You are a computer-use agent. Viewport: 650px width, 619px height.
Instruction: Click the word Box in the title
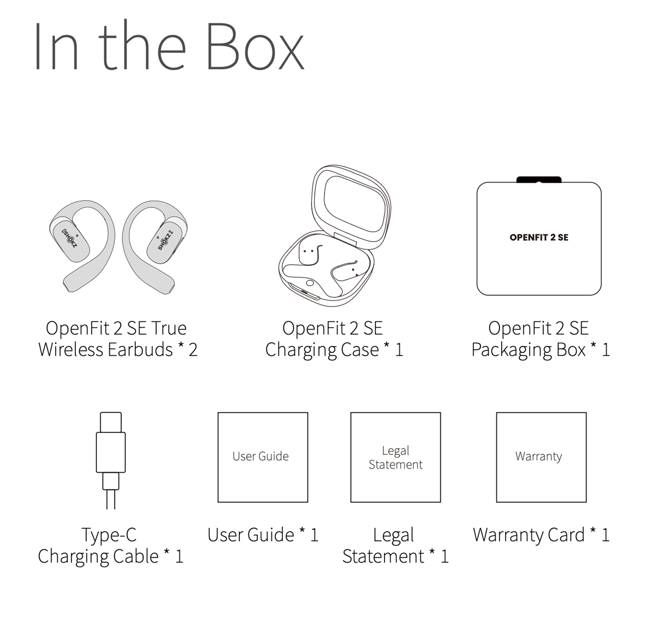click(255, 46)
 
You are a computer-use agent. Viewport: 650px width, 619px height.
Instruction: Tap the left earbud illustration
click(83, 246)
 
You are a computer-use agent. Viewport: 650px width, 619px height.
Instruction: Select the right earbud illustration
click(155, 246)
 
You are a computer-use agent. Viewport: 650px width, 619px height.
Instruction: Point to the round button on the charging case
click(310, 283)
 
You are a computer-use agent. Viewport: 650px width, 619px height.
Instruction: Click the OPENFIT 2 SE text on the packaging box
click(538, 237)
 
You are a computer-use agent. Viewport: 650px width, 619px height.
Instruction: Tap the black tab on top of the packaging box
click(538, 180)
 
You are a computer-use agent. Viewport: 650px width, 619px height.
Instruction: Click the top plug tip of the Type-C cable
click(110, 422)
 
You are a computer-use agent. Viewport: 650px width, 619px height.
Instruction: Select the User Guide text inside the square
click(261, 457)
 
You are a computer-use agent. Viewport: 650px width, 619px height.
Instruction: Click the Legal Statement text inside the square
click(395, 458)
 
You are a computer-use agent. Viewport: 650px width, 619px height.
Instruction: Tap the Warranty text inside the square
click(538, 457)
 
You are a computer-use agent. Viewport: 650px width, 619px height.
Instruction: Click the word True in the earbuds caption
click(169, 328)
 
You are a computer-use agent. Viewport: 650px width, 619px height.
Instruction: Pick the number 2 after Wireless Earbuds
click(193, 350)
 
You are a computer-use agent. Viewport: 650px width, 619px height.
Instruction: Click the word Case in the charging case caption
click(360, 350)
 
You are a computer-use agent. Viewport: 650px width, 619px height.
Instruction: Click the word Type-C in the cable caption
click(109, 535)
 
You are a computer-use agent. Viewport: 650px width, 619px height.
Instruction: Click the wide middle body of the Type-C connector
click(110, 452)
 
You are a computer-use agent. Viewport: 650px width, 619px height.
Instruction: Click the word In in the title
click(57, 46)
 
